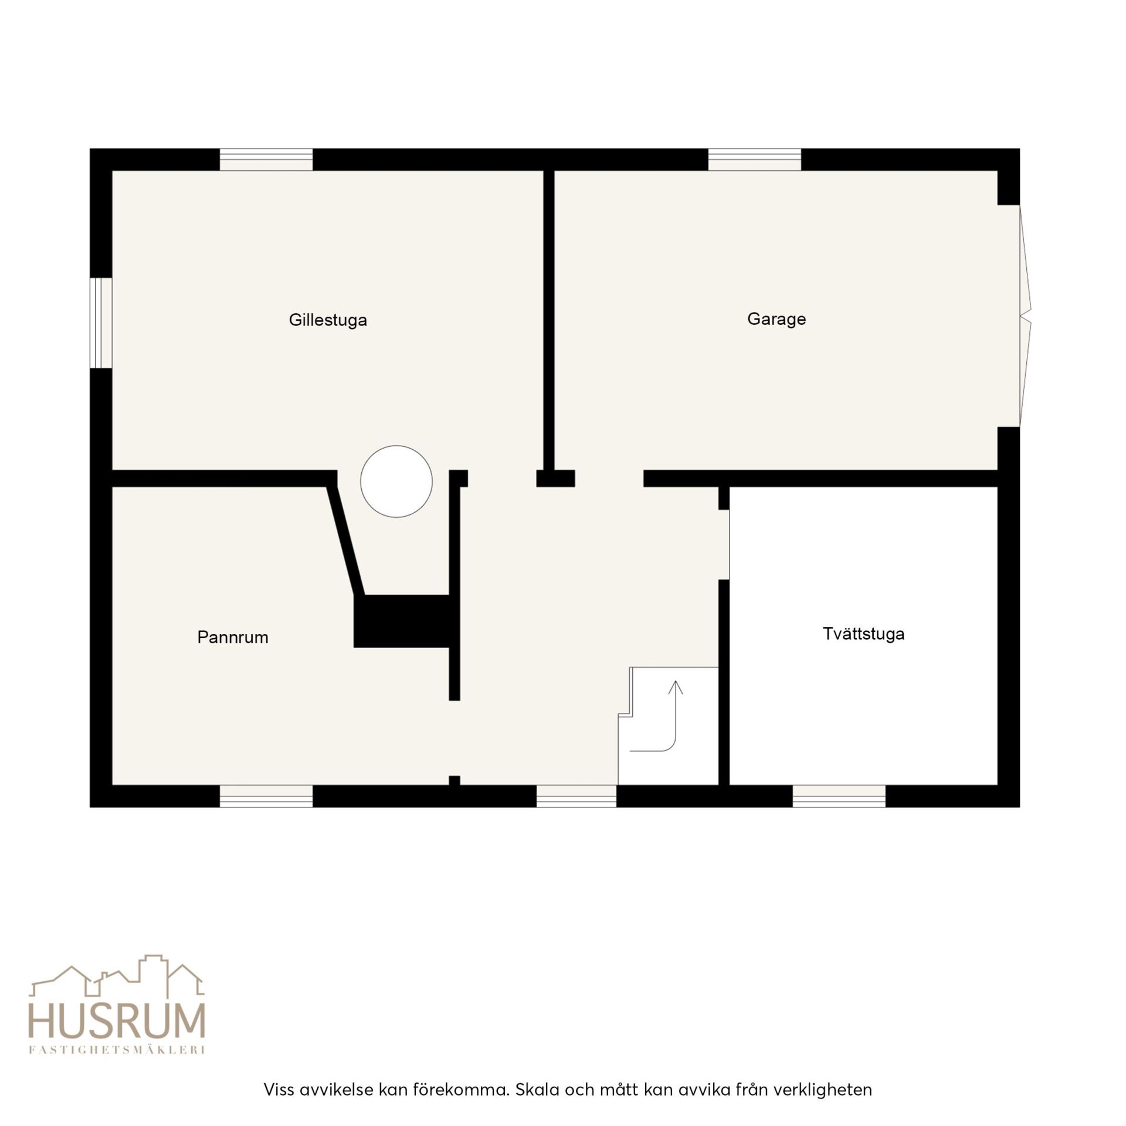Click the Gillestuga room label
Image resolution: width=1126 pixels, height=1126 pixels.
coord(328,320)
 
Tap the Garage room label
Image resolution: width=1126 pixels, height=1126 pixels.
coord(776,319)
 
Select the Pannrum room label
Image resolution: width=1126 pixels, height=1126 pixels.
coord(233,637)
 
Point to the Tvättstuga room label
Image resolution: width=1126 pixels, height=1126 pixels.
coord(863,634)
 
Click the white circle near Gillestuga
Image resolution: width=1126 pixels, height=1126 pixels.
coord(396,481)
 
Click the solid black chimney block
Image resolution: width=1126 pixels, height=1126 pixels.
coord(402,621)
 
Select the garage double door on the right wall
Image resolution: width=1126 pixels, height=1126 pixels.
coord(1025,316)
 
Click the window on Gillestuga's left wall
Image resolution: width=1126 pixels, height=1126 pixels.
coord(101,323)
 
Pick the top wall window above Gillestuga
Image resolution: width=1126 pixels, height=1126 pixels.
coord(266,160)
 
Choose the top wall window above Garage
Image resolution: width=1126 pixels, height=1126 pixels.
coord(755,160)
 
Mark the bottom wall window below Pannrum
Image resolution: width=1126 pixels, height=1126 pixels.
coord(266,796)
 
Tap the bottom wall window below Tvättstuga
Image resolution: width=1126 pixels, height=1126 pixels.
coord(839,796)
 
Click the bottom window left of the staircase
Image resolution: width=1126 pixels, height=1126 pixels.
coord(576,796)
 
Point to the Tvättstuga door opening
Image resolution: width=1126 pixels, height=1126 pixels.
coord(724,545)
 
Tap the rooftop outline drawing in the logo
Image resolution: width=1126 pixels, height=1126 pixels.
coord(117,976)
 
